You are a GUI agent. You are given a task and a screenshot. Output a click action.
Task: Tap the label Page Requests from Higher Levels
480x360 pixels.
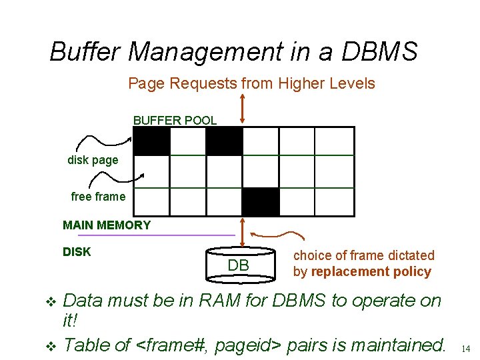click(x=251, y=83)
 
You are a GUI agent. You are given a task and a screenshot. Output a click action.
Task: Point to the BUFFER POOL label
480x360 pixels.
click(x=175, y=121)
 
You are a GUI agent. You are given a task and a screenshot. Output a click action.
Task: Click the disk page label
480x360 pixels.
click(x=93, y=160)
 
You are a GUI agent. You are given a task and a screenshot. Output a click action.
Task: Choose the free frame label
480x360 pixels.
click(x=98, y=197)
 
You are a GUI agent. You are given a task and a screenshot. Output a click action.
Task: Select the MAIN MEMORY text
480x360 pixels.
click(x=107, y=225)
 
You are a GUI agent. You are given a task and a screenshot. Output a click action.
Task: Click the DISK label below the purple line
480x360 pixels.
click(x=77, y=252)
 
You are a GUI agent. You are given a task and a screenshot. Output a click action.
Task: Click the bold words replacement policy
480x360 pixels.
click(x=371, y=272)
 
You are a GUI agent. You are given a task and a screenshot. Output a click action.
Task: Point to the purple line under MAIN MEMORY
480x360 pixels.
click(x=156, y=235)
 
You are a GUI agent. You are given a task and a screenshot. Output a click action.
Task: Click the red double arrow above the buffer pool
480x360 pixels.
click(x=242, y=108)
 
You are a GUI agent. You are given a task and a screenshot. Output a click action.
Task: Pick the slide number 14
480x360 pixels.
click(x=466, y=348)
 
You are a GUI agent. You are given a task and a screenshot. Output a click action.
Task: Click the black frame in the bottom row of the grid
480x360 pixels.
click(x=261, y=202)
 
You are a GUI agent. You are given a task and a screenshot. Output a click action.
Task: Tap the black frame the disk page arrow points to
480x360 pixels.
click(x=152, y=141)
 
